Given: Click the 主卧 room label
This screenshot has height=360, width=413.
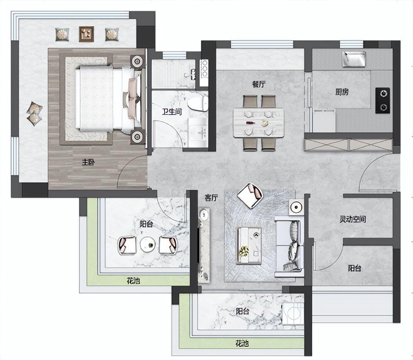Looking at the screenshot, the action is (88, 162).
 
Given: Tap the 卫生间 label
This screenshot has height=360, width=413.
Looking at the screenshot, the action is (172, 112).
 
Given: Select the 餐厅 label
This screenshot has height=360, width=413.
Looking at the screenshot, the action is (259, 84).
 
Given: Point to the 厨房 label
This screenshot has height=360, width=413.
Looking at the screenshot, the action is (342, 92).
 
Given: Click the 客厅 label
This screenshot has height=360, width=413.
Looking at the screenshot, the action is (212, 198).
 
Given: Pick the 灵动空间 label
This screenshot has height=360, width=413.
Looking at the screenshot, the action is (353, 219).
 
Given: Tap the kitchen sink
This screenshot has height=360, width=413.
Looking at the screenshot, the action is (354, 59).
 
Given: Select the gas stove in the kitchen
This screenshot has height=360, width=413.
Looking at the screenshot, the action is (382, 100).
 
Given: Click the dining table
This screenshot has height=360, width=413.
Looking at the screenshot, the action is (259, 123).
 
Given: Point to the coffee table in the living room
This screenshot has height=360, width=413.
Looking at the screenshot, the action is (249, 245).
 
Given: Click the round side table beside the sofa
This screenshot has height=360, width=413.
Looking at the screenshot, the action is (296, 207).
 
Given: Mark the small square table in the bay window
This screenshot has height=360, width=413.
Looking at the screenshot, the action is (86, 34).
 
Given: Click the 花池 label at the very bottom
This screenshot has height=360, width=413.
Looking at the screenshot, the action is (242, 343).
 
